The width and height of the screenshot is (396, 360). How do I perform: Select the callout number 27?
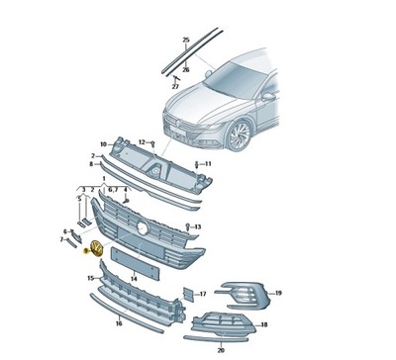(175, 86)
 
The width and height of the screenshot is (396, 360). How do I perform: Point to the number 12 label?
(141, 142)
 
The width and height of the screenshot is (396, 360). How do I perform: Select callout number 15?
(90, 280)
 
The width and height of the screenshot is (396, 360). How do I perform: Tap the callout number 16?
(118, 323)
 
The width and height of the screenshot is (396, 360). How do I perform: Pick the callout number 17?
(202, 293)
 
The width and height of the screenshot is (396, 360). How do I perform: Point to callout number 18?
(263, 324)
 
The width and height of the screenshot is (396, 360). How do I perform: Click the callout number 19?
(278, 293)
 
